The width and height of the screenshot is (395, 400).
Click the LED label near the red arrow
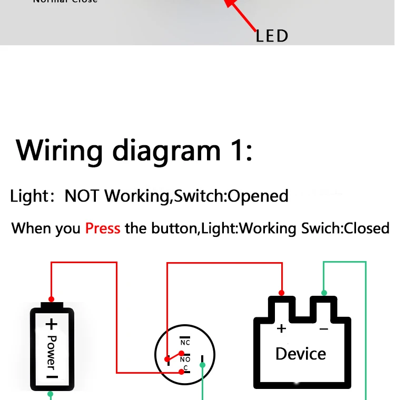pos(272,36)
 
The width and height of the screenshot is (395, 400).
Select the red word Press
pos(103,228)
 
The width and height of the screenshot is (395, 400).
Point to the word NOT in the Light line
pos(82,196)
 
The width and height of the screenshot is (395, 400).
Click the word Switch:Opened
pos(231,196)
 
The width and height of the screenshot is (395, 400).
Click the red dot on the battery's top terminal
pos(51,298)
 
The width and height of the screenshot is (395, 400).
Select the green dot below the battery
pos(51,394)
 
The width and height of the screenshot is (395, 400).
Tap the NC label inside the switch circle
pos(185,343)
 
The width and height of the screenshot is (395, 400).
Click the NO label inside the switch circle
pos(185,359)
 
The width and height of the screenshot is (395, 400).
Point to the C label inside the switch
pos(185,367)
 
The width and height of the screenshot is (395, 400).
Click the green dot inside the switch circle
pos(202,364)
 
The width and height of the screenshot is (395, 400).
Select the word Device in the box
pos(301,353)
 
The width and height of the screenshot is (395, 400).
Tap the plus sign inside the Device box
pos(281,329)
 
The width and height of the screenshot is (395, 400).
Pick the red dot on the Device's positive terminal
pos(282,293)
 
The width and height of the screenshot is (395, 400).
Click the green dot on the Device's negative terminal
pos(324,293)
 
